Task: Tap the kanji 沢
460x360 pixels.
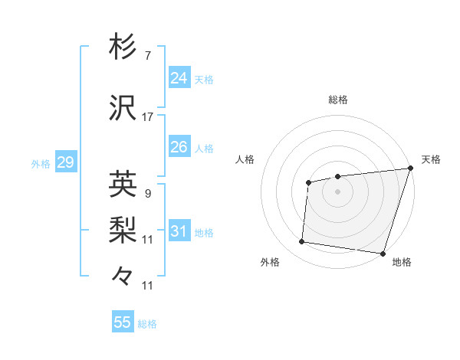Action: coord(123,108)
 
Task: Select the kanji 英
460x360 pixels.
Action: coord(123,184)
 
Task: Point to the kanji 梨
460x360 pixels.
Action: coord(123,227)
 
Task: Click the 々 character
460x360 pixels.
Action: coord(123,275)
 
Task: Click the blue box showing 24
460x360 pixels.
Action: coord(179,78)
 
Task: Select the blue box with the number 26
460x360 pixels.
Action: coord(179,147)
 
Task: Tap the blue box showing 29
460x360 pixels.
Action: coord(65,162)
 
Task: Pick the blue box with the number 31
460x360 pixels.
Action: coord(179,231)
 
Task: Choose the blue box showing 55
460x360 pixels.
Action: coord(123,322)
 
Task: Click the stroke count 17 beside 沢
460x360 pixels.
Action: coord(148,117)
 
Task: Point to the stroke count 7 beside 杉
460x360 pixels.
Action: coord(147,55)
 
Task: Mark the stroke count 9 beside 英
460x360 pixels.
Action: coord(147,193)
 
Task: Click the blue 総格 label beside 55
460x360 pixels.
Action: coord(147,324)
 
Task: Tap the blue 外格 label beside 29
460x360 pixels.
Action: coord(41,163)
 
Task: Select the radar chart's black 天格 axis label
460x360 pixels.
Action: coord(431,159)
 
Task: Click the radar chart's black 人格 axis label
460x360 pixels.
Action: coord(245,159)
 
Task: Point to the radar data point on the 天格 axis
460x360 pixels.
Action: coord(410,169)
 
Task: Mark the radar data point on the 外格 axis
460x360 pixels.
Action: coord(302,242)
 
